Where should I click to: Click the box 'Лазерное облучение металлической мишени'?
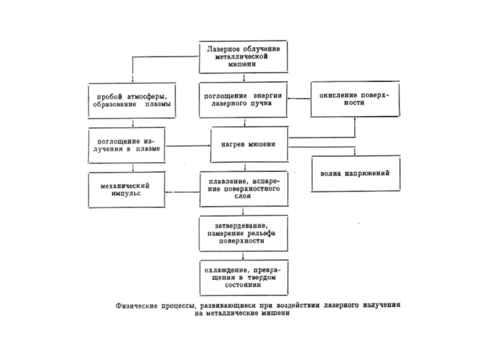coord(243,56)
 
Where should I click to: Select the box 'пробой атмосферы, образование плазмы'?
coord(127,99)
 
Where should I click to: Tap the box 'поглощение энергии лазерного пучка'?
coord(242,99)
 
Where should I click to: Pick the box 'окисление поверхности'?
coord(355,99)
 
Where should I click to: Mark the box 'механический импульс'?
coord(127,189)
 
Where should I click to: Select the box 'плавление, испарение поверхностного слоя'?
coord(242,189)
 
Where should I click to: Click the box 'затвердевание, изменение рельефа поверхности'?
coord(242,233)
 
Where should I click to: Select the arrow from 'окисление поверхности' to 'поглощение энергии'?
coord(298,99)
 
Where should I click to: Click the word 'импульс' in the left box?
coord(127,194)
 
